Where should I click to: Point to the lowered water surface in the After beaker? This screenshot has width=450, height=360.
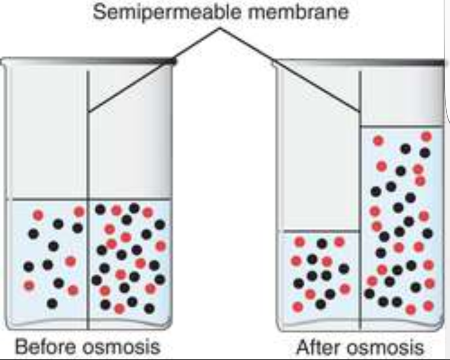pyautogui.click(x=321, y=232)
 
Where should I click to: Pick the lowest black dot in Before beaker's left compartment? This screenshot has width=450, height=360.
pyautogui.click(x=52, y=303)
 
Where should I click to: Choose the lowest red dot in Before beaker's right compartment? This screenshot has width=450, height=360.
pyautogui.click(x=119, y=309)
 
